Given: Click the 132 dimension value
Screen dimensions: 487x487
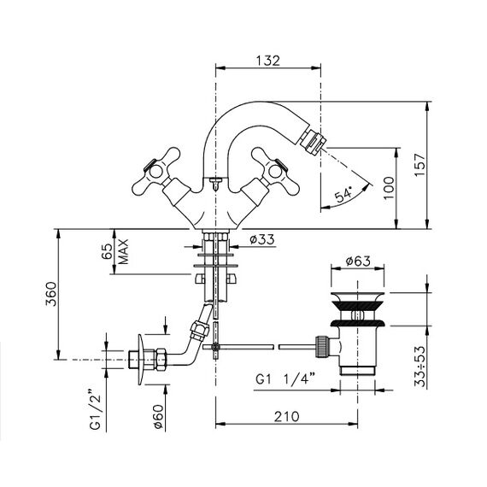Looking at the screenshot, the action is click(268, 61).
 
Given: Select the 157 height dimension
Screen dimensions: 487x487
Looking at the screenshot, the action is click(420, 165).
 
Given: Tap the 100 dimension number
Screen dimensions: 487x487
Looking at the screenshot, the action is click(389, 189).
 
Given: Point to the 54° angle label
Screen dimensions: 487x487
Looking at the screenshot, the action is click(343, 195).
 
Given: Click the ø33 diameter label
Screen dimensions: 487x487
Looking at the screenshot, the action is click(262, 239).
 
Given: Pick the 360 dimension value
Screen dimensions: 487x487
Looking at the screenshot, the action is click(51, 294).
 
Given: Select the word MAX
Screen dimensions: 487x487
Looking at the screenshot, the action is click(123, 251).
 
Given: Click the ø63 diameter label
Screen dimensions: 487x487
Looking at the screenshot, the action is click(358, 261).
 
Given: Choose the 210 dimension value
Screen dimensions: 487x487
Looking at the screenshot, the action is click(286, 417).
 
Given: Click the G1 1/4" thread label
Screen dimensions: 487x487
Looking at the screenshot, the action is click(285, 379).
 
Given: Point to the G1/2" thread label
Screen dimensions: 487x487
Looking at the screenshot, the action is click(96, 409).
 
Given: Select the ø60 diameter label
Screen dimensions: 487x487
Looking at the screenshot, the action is click(158, 417).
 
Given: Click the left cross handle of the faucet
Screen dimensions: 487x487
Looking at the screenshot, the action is click(155, 172).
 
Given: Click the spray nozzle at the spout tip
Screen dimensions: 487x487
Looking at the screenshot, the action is click(314, 140).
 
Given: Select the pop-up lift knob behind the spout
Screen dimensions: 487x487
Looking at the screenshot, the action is click(215, 182).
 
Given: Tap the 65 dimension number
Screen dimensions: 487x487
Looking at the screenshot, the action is click(107, 251).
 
